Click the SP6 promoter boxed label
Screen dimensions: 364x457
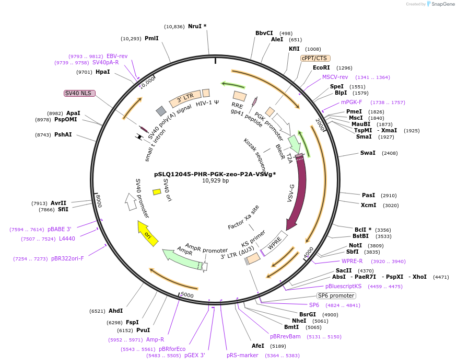336,295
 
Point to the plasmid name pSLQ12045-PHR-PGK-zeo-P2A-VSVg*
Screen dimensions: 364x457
215,174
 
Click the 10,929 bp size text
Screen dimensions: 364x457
215,181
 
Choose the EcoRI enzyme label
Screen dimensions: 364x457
321,67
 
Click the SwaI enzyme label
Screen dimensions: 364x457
368,153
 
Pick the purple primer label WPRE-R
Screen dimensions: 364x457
352,261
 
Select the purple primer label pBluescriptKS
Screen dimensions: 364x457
343,286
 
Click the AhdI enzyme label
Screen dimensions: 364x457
115,311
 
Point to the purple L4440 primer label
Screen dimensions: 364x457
67,238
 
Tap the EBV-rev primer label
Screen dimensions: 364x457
117,56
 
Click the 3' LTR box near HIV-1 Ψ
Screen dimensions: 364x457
185,98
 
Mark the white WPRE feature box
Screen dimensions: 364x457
275,243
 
